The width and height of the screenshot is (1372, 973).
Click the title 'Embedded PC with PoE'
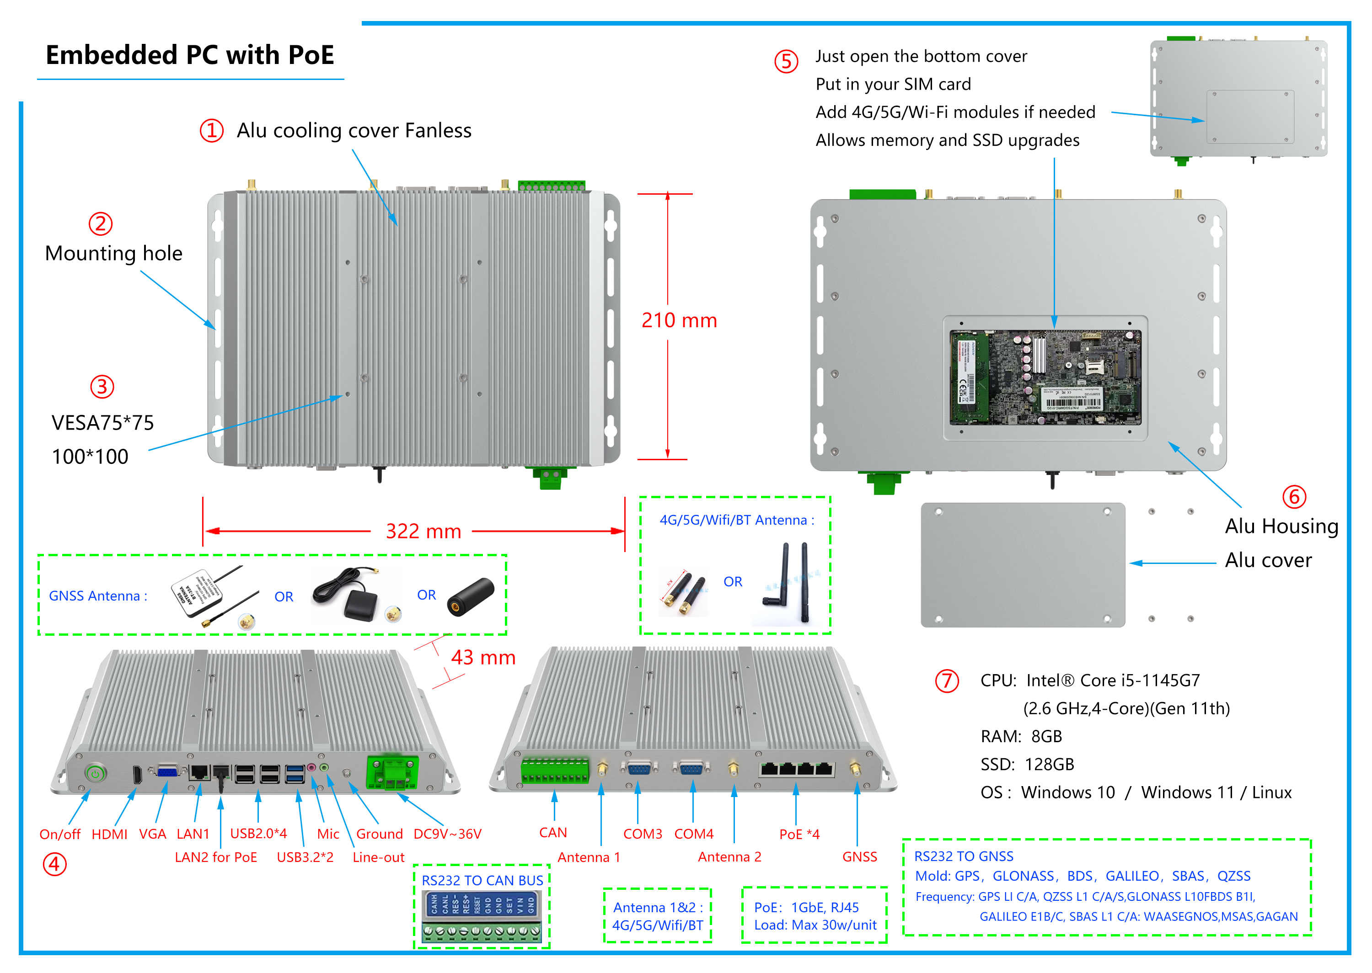pyautogui.click(x=189, y=55)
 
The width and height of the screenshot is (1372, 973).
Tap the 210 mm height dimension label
pyautogui.click(x=679, y=320)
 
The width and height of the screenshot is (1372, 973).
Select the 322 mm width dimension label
pyautogui.click(x=423, y=532)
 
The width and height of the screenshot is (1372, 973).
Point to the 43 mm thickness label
pyautogui.click(x=483, y=658)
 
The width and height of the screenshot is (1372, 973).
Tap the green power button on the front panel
pyautogui.click(x=95, y=773)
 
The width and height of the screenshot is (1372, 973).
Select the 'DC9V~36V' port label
pyautogui.click(x=447, y=834)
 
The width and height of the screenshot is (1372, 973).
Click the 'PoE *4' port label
pyautogui.click(x=799, y=834)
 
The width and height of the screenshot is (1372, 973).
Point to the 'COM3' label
pyautogui.click(x=643, y=834)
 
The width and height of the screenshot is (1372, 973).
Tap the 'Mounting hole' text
pyautogui.click(x=114, y=254)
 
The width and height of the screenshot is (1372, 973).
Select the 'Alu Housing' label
pyautogui.click(x=1281, y=526)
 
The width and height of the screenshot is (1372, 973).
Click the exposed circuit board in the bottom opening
pyautogui.click(x=1045, y=378)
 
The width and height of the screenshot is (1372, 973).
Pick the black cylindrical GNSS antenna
pyautogui.click(x=471, y=596)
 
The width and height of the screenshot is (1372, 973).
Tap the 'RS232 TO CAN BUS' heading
pyautogui.click(x=482, y=881)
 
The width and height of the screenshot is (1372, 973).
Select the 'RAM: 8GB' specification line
pyautogui.click(x=1021, y=736)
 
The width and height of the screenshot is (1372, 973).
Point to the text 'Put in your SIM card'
pyautogui.click(x=893, y=85)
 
